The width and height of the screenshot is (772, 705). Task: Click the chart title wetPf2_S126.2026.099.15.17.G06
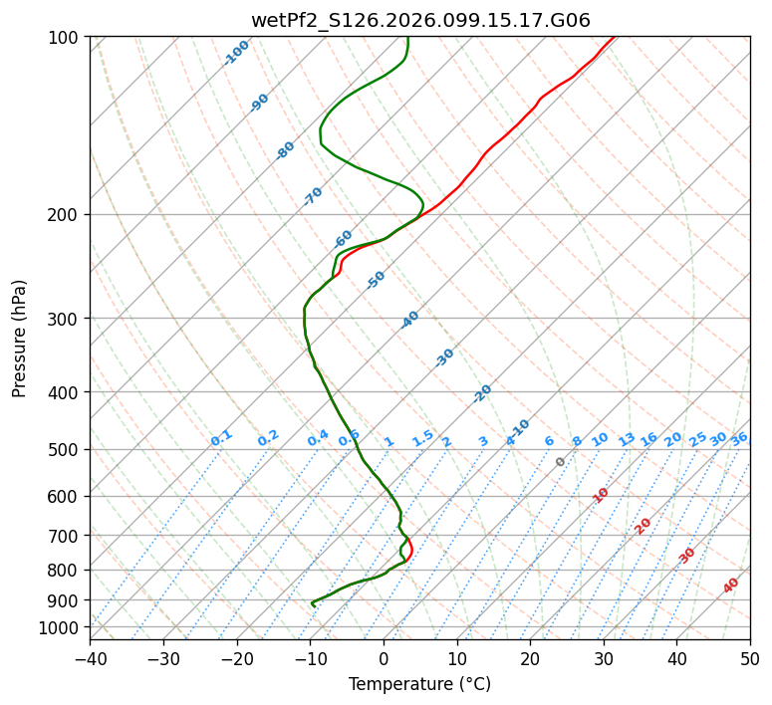click(x=419, y=20)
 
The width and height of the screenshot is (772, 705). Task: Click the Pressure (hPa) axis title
click(x=20, y=339)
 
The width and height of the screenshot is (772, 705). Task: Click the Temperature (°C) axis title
click(x=419, y=684)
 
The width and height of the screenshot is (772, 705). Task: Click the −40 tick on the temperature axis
click(x=90, y=658)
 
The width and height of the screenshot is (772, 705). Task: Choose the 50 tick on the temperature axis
click(x=750, y=658)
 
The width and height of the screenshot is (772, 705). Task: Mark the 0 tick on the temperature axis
click(x=384, y=658)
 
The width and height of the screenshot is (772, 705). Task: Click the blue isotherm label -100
click(x=236, y=53)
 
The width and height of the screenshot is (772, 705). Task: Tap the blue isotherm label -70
click(x=313, y=196)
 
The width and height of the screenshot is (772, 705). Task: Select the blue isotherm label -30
click(x=444, y=356)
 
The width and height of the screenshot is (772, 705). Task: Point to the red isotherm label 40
click(x=731, y=586)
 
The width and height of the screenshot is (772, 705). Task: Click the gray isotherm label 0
click(x=561, y=462)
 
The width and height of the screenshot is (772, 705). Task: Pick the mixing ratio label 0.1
click(x=221, y=437)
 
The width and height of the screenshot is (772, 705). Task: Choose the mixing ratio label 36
click(x=739, y=438)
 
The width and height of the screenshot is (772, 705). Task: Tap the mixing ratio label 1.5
click(x=422, y=437)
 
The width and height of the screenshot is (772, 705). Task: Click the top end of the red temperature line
click(x=615, y=37)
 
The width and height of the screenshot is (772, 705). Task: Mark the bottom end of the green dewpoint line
click(x=314, y=605)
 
